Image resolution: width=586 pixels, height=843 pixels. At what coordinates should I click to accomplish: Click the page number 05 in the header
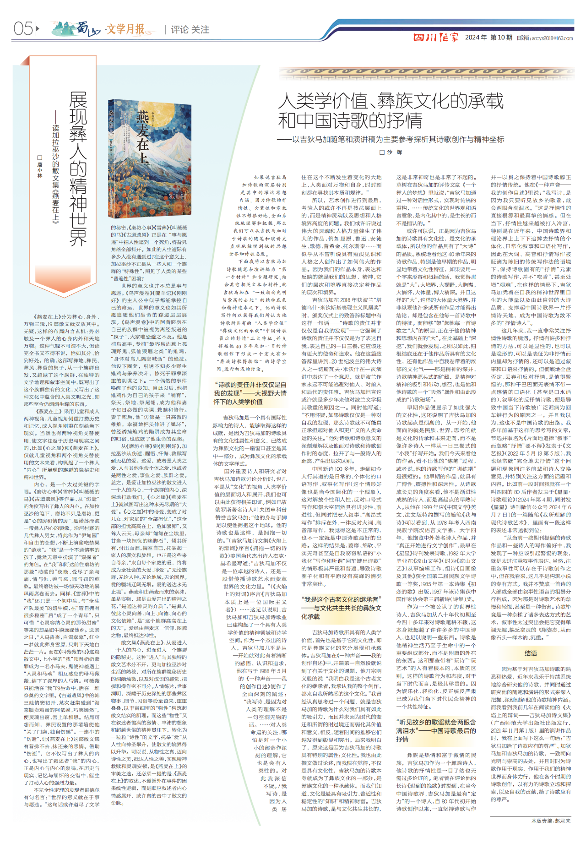click(23, 29)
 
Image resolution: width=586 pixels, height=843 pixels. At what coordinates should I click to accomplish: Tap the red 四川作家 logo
click(435, 38)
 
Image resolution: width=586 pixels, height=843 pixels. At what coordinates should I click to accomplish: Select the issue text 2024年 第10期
click(488, 38)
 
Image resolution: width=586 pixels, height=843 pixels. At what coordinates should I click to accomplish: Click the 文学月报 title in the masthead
click(125, 29)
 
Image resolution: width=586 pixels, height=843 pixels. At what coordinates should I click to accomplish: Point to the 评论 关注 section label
click(190, 30)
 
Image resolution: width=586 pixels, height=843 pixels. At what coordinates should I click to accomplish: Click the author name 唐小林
click(40, 167)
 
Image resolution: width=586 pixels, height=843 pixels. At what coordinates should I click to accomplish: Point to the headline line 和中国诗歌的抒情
click(350, 121)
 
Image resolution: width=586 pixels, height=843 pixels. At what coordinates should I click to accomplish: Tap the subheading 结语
click(531, 653)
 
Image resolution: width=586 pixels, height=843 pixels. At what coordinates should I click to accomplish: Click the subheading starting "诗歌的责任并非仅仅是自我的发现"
click(250, 393)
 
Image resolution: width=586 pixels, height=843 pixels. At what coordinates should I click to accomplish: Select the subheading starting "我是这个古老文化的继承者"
click(341, 608)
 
